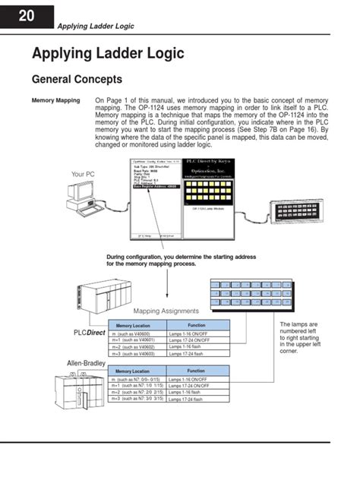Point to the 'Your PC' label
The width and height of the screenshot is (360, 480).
(83, 174)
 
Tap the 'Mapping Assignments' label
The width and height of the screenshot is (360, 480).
(166, 311)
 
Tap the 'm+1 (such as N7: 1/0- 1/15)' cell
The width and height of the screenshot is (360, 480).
(137, 385)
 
